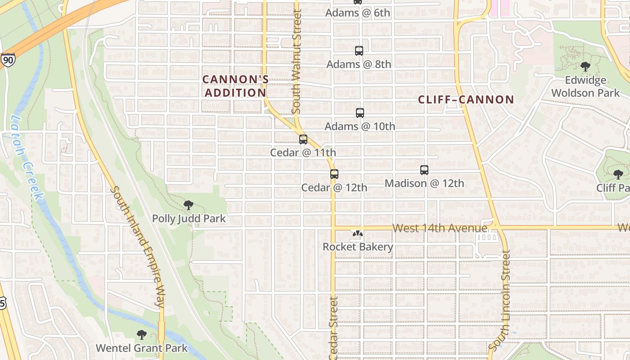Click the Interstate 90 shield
click(7, 60)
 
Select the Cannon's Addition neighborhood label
click(235, 86)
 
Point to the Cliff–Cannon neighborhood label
click(466, 99)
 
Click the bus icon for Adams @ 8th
click(359, 51)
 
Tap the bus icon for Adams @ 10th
click(360, 113)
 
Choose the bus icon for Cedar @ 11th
click(303, 139)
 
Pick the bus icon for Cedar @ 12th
click(334, 174)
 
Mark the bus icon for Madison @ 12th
click(424, 170)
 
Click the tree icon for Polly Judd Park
click(189, 206)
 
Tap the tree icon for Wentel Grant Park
click(141, 335)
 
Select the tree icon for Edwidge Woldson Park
click(585, 67)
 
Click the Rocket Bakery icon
click(358, 234)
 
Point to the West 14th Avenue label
click(439, 228)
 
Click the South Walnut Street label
click(296, 62)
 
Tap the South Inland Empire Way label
click(138, 247)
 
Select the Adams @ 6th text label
click(358, 13)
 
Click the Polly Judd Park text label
click(189, 219)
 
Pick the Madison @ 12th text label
click(424, 183)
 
